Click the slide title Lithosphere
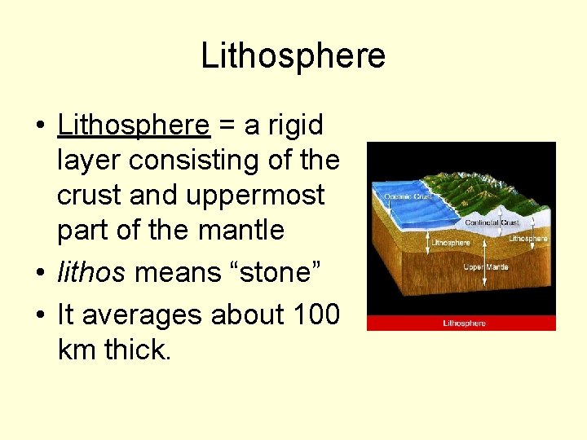coord(293,56)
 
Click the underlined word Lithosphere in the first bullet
coord(134,125)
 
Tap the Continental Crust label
coord(492,222)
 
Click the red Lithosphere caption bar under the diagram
coord(461,323)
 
